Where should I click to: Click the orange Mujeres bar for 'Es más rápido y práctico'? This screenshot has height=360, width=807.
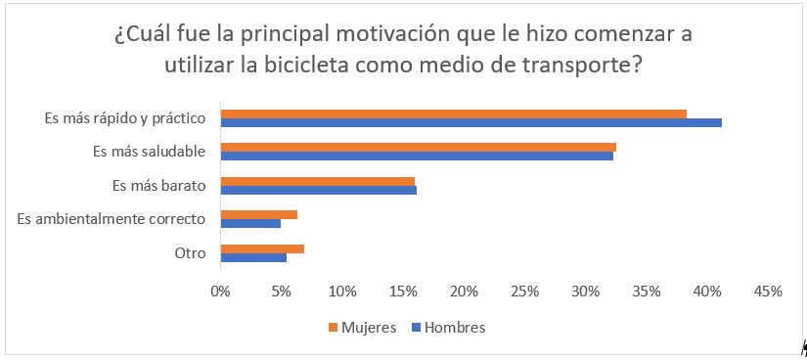tap(454, 113)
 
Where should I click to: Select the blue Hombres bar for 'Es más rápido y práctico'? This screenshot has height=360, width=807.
tap(471, 123)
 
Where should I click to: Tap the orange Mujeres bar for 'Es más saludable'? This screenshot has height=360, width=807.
tap(419, 147)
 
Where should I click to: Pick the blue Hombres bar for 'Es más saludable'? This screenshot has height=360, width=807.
tap(417, 156)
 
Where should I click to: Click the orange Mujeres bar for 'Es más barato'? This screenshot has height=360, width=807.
tap(318, 181)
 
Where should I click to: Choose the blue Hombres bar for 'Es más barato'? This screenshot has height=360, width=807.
tap(319, 190)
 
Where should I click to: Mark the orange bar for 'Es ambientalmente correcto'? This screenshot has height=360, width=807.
tap(259, 214)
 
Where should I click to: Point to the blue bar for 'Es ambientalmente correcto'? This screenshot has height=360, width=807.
tap(251, 223)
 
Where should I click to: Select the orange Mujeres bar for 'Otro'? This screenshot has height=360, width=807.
tap(262, 248)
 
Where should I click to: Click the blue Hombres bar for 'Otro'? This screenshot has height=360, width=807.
tap(254, 257)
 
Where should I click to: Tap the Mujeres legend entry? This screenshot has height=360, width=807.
tap(361, 328)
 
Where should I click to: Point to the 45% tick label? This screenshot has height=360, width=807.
tap(768, 292)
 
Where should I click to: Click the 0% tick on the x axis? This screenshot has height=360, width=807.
tap(221, 292)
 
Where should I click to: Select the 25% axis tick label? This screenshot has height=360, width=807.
tap(524, 292)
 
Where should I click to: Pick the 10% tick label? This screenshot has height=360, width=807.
tap(342, 292)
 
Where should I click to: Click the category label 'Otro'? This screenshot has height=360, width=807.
tap(190, 252)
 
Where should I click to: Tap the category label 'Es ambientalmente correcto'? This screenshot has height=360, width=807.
tap(112, 218)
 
